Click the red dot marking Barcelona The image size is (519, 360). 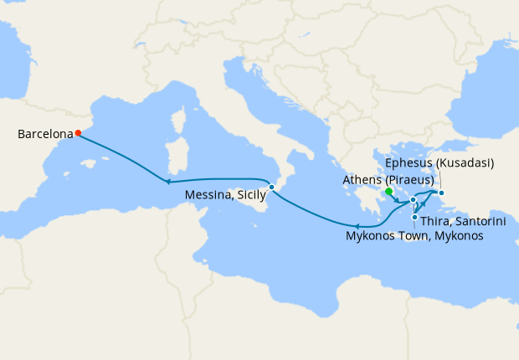point(78,132)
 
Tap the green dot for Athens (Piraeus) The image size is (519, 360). point(389,192)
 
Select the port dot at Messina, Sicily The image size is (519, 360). point(271,187)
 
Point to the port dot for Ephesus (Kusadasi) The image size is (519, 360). point(442,193)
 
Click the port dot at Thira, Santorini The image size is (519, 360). point(415,218)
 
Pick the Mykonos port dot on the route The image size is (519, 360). point(413,199)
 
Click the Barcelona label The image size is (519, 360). point(44,133)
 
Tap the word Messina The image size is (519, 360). point(209,195)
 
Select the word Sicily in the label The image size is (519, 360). point(250,195)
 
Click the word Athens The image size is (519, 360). point(362,179)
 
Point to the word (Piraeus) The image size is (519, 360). point(409,179)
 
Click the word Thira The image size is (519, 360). point(437,221)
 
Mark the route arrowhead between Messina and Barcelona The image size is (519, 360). point(168,182)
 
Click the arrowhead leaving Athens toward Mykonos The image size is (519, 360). point(396,200)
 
